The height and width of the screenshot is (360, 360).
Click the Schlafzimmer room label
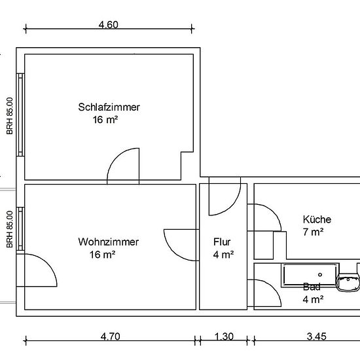[x=109, y=107]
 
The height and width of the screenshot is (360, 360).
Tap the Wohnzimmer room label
[x=109, y=242]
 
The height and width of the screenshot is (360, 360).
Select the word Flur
[x=222, y=242]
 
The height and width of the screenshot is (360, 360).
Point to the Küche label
[x=317, y=219]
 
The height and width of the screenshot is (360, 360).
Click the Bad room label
[x=312, y=287]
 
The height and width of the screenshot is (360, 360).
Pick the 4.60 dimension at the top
[x=109, y=25]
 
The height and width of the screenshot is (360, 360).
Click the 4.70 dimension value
[x=110, y=336]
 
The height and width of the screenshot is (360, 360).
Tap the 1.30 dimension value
[x=224, y=336]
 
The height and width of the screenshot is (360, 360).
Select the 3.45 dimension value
[x=317, y=336]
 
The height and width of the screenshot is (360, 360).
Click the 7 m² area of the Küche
[x=313, y=232]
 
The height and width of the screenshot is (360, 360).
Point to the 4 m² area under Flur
[x=223, y=255]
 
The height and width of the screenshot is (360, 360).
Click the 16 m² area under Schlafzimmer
[x=105, y=120]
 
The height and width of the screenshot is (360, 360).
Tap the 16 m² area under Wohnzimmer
[x=102, y=255]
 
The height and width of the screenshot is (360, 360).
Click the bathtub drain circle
[x=320, y=274]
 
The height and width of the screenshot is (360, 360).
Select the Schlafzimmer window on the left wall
[x=21, y=115]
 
